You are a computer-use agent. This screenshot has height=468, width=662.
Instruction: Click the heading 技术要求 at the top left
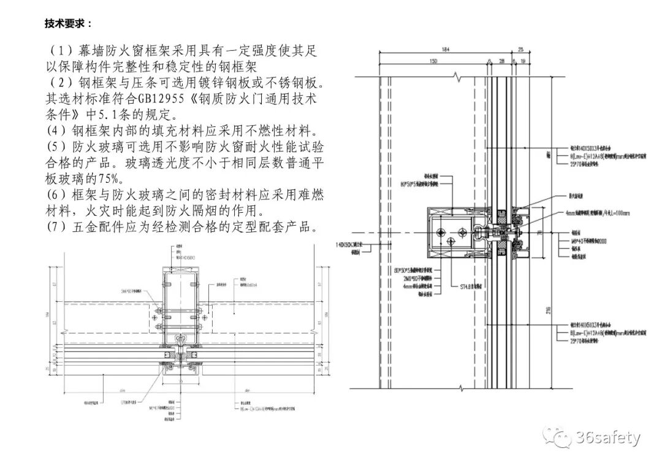[68, 23]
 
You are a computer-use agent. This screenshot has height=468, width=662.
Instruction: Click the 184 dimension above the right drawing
[446, 49]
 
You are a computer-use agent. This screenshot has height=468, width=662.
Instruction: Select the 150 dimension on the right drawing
[433, 61]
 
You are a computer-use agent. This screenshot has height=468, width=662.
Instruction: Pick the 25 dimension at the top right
[520, 49]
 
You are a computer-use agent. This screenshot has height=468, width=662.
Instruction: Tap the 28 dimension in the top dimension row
[501, 61]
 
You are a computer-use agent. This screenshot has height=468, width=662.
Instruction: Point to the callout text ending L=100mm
[598, 213]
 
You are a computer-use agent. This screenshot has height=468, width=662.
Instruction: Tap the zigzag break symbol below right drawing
[459, 386]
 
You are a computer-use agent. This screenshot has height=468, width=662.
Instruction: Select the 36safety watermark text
[607, 438]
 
